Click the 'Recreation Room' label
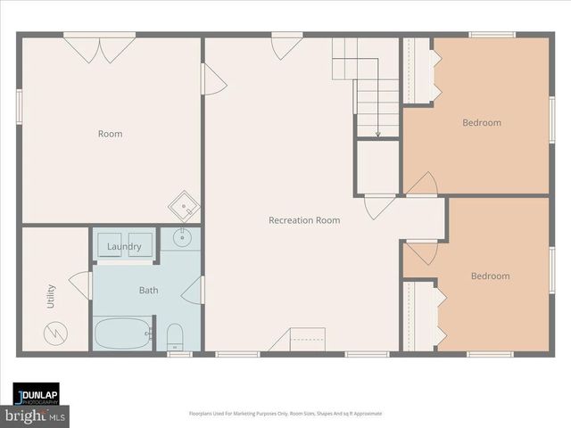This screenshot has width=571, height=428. pos(303,219)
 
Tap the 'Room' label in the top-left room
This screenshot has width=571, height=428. pos(110,134)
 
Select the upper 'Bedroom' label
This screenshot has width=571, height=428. pos(481,122)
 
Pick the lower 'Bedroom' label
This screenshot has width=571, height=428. pos(490,276)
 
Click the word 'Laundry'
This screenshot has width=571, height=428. pos(124,246)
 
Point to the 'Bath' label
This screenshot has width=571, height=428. pos(148,290)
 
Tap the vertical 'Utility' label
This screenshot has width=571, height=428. pos(50,297)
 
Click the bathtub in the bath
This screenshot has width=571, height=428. pos(124,334)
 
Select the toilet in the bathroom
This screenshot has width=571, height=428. pos(175,336)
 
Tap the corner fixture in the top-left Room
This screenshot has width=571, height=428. pos(186,207)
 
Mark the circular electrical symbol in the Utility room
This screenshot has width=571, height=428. pos(54,334)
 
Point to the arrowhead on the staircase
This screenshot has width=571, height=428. pos(377,134)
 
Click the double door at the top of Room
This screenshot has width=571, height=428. pos(99,48)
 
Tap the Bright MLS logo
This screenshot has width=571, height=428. pos(35,416)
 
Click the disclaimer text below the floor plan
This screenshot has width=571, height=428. pos(285,414)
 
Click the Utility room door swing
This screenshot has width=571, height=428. pos(81,285)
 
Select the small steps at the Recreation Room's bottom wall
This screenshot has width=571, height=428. pos(299,340)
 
